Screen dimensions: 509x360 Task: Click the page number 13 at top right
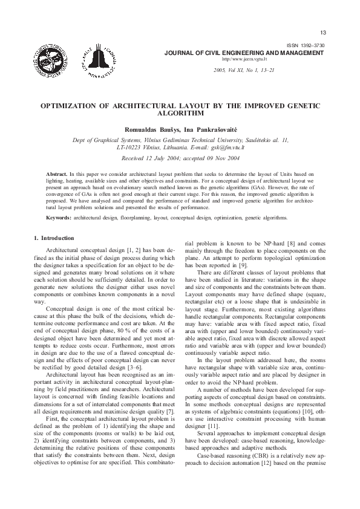(322, 32)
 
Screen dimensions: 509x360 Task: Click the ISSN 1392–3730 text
(306, 47)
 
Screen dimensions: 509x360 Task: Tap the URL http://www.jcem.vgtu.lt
(244, 59)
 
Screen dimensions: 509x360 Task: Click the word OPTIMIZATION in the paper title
(68, 105)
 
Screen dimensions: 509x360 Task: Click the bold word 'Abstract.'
(57, 173)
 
